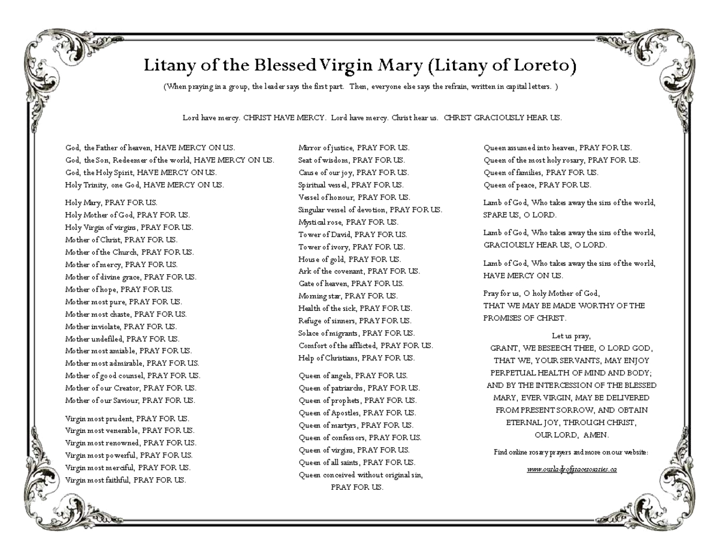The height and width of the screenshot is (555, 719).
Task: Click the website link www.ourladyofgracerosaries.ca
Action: (572, 469)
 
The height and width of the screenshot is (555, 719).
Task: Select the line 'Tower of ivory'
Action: (351, 247)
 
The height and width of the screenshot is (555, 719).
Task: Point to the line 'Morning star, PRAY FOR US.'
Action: (348, 296)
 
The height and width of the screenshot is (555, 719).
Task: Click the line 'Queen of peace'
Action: (537, 185)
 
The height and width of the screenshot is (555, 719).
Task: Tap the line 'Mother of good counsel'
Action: (132, 375)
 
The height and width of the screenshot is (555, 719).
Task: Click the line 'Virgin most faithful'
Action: (125, 480)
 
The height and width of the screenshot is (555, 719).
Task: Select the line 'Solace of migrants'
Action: (356, 333)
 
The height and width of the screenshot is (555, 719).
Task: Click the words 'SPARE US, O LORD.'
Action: (519, 215)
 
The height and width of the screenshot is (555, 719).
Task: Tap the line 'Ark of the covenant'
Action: (359, 271)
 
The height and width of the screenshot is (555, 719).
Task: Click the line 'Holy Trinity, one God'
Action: (144, 185)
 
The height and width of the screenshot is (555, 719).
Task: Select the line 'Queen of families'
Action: (540, 172)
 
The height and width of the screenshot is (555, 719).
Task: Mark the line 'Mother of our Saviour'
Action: (129, 401)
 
